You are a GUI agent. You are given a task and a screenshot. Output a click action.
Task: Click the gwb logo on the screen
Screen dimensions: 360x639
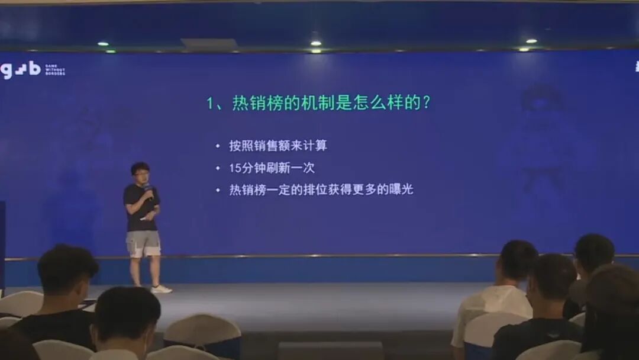click(x=20, y=70)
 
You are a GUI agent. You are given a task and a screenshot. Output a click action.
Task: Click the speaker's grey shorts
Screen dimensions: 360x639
click(x=143, y=243)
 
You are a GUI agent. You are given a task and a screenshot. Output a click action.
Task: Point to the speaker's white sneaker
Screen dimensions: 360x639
click(x=160, y=289)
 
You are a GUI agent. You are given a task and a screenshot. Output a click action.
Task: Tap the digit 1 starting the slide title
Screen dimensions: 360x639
click(x=210, y=103)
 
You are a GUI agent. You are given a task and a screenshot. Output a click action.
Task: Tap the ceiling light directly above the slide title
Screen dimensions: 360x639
click(x=315, y=43)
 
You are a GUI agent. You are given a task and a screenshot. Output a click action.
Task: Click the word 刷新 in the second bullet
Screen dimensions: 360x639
click(x=278, y=168)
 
